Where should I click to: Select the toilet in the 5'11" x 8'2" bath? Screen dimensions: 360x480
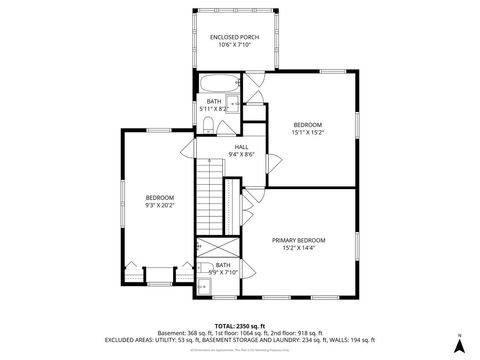click(x=206, y=124)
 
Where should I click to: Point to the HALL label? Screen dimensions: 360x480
click(x=241, y=146)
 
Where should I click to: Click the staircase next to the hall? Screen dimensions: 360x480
click(x=207, y=191)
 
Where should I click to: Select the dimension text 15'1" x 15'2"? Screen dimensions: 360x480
click(x=307, y=131)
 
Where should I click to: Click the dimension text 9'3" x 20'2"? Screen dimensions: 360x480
click(x=159, y=205)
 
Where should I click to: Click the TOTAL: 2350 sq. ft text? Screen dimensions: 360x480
click(x=239, y=325)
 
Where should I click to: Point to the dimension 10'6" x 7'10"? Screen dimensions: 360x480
click(x=230, y=44)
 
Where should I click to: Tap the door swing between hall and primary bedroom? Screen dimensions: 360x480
click(x=256, y=196)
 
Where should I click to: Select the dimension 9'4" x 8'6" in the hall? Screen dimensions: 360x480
click(x=241, y=154)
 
